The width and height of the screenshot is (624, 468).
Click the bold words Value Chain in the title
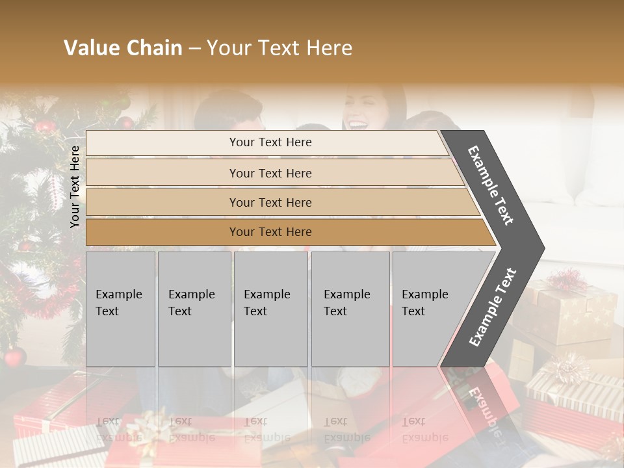point(123,48)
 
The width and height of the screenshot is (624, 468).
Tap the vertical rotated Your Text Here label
point(75,187)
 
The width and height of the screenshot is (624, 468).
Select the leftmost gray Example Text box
point(120,309)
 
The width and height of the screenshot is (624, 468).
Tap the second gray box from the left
point(194,309)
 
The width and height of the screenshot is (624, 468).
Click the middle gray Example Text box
point(270,309)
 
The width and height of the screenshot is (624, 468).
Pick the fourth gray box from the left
point(350,309)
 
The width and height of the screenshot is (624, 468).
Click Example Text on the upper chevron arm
point(491,185)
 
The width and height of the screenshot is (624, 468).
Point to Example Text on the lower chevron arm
point(493,307)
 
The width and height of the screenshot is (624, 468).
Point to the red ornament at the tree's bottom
point(14,357)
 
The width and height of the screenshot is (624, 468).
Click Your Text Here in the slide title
point(279,48)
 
